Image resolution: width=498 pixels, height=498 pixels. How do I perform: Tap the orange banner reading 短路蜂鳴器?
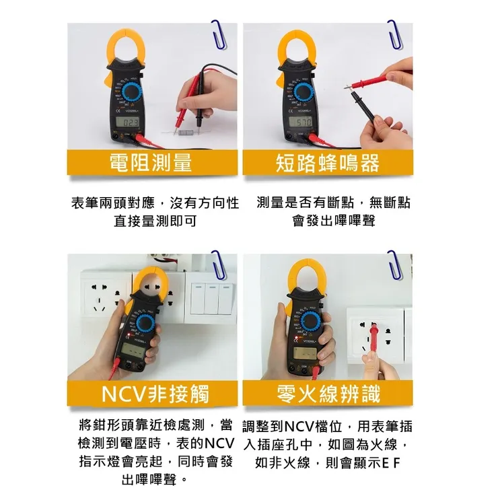click(x=328, y=162)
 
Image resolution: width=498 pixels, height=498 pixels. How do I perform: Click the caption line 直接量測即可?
click(x=155, y=220)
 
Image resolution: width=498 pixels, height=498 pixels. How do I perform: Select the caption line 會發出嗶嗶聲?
click(x=333, y=220)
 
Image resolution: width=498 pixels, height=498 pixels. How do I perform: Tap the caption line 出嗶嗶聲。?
click(x=155, y=481)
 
